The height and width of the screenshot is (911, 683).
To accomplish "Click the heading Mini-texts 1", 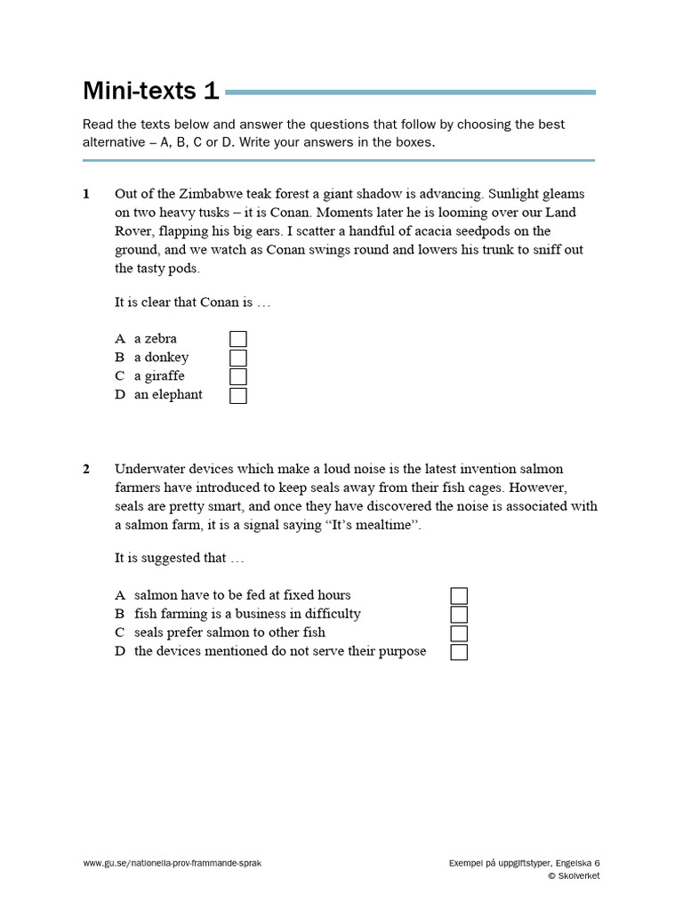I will click(x=150, y=91).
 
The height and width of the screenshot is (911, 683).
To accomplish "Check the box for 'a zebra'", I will click(x=238, y=339).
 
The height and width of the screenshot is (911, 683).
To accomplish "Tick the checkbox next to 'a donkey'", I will click(x=238, y=358).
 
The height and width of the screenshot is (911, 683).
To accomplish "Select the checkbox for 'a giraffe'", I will click(x=238, y=376).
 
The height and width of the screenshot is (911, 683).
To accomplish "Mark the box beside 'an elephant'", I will click(x=238, y=395).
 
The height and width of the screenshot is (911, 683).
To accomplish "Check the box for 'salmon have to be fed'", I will click(x=459, y=596).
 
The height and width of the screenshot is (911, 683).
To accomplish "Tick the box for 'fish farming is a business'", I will click(x=459, y=615).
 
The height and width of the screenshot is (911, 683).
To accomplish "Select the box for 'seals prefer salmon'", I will click(x=459, y=633).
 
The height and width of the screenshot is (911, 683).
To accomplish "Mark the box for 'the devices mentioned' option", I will click(x=459, y=652).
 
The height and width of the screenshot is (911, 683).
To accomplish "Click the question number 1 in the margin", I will click(x=86, y=194).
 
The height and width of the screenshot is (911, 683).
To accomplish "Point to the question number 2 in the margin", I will click(x=86, y=469).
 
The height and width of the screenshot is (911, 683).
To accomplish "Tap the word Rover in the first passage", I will click(x=134, y=231).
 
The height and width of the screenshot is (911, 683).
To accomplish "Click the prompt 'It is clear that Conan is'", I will click(x=191, y=302).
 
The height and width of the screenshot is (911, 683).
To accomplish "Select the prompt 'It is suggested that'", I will click(x=179, y=558).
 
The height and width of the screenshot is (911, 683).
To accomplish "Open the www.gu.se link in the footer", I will click(x=172, y=863).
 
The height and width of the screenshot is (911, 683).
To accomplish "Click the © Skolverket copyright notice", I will click(x=574, y=876).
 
